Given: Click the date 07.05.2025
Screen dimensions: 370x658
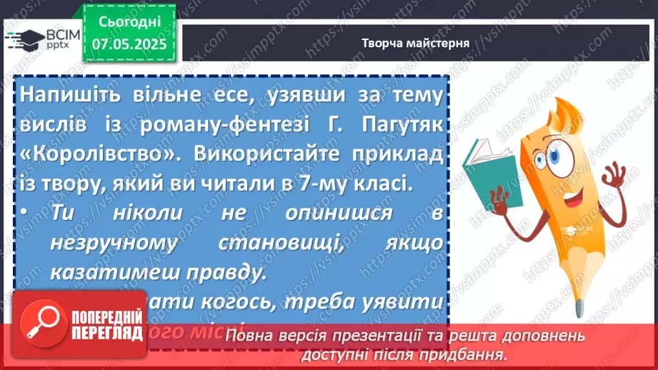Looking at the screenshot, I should click(129, 44).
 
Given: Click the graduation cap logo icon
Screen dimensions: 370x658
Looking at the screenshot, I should click(24, 37).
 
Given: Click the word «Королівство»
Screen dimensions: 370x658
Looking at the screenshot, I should click(73, 155).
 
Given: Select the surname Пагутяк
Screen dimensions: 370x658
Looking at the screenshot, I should click(404, 126).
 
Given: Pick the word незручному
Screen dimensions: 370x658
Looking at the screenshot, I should click(114, 243).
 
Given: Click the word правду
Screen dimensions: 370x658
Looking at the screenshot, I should click(218, 273).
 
